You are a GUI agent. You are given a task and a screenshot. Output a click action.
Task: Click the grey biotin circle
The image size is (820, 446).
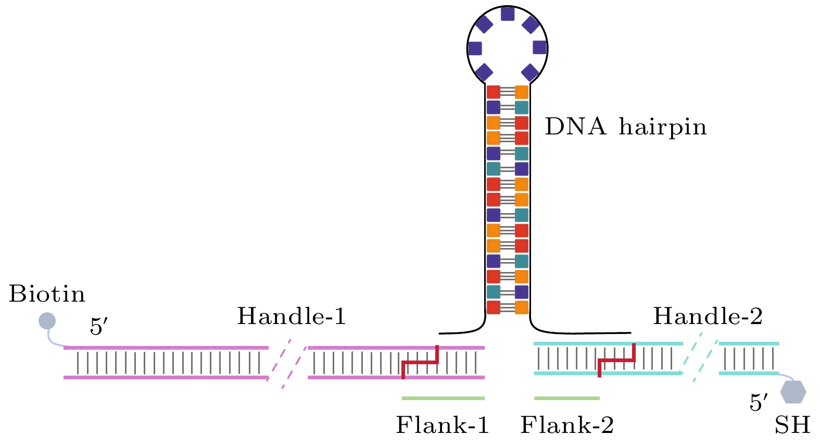[x=47, y=320]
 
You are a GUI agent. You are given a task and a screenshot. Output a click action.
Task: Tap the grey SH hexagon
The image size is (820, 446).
[x=793, y=392]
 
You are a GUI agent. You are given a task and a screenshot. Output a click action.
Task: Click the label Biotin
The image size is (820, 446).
[x=47, y=294]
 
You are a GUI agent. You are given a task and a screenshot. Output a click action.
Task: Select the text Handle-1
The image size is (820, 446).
[x=292, y=316]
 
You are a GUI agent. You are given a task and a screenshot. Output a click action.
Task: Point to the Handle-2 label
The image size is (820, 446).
[x=708, y=316]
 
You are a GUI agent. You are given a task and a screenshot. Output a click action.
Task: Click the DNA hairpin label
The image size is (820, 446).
[x=626, y=127]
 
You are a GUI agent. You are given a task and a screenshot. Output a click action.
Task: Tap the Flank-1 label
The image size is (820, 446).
[x=443, y=425]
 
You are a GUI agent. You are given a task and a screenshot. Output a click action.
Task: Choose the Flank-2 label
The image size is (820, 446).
[x=567, y=425]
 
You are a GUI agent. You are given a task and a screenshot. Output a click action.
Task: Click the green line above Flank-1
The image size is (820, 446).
[x=443, y=399]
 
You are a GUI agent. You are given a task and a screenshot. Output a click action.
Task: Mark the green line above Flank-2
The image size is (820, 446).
[x=567, y=399]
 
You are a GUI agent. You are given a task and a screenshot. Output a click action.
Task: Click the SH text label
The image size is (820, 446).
[x=792, y=425]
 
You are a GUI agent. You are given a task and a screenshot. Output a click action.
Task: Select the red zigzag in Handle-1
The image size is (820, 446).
[x=420, y=362]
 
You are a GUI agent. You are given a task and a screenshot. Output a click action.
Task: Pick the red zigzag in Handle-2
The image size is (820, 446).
[x=617, y=360]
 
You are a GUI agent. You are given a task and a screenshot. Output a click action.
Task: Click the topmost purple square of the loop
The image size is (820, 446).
[x=507, y=14]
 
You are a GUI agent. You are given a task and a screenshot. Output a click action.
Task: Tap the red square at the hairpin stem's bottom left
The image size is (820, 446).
[x=493, y=307]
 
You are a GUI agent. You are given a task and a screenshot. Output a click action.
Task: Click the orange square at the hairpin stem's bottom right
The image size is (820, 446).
[x=522, y=307]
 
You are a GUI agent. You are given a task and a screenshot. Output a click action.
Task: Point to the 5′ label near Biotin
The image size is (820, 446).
[x=98, y=327]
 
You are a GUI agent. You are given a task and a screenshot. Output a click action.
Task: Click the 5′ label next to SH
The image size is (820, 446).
[x=758, y=402]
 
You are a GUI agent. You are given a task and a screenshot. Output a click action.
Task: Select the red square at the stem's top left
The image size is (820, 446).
[x=493, y=93]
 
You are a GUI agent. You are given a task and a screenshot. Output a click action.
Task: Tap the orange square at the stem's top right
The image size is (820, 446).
[x=522, y=93]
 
